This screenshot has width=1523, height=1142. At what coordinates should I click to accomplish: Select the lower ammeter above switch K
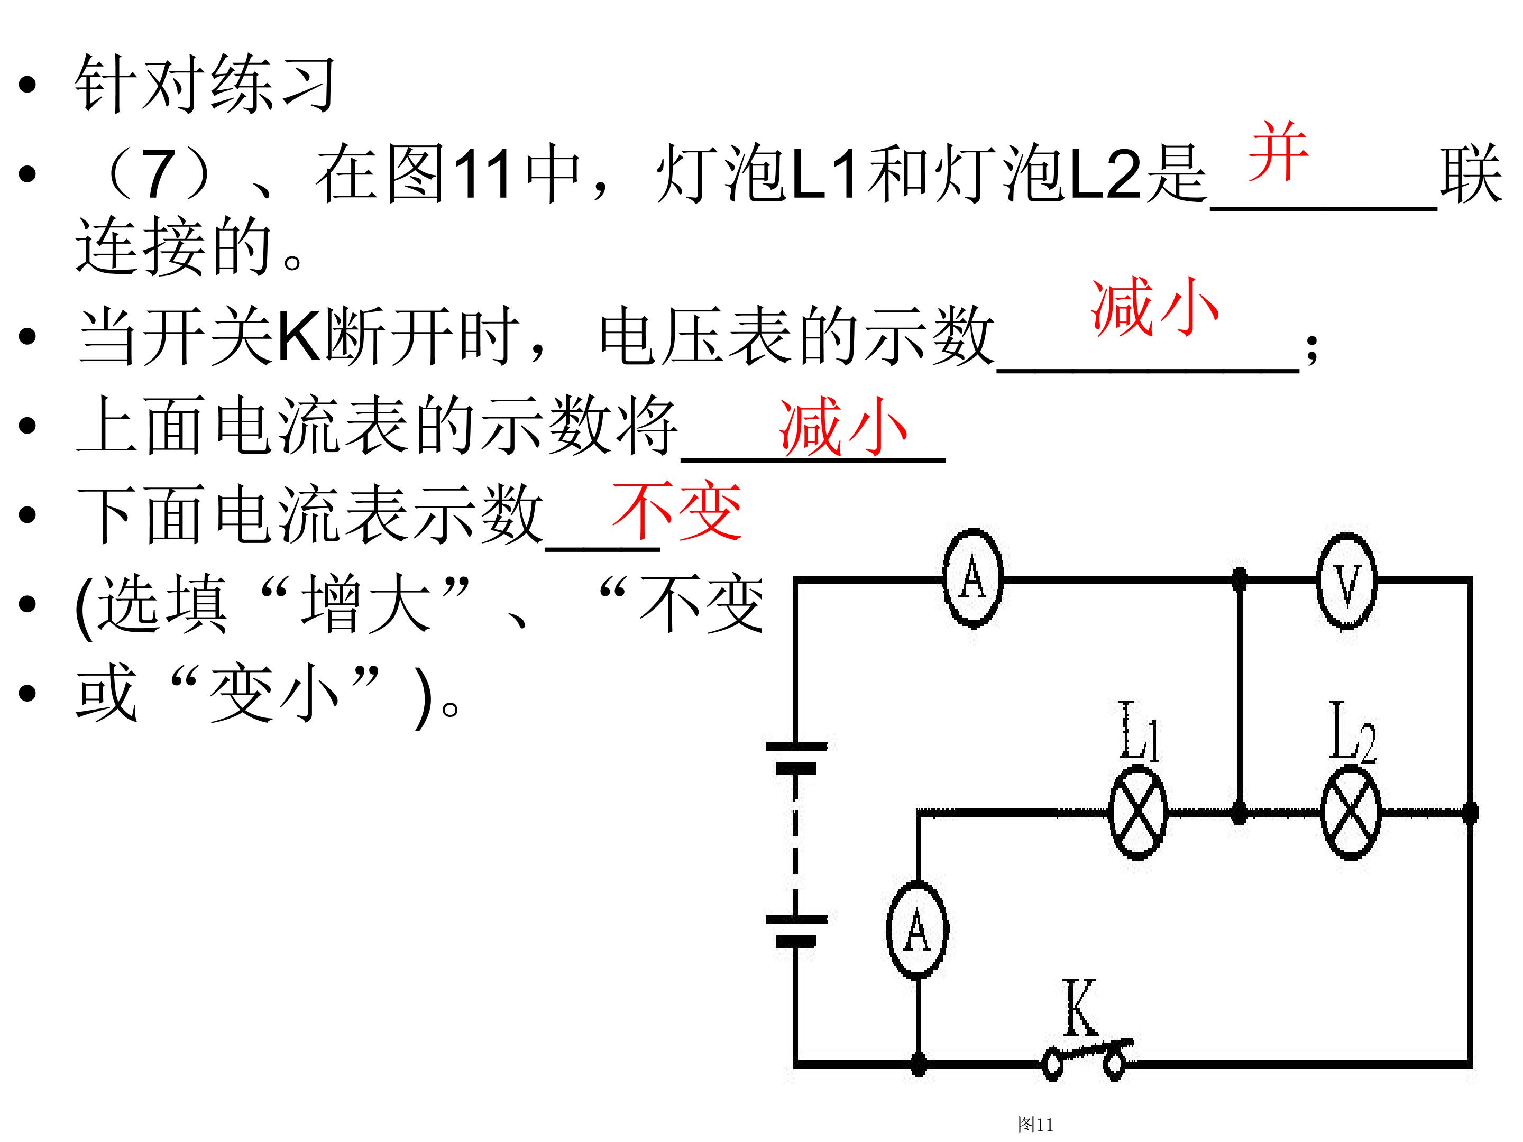pyautogui.click(x=917, y=929)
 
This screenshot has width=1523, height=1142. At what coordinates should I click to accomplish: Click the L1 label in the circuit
pyautogui.click(x=1138, y=731)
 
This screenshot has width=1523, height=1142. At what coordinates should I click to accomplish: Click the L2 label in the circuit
pyautogui.click(x=1352, y=731)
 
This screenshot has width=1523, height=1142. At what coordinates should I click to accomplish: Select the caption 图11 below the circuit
pyautogui.click(x=1035, y=1125)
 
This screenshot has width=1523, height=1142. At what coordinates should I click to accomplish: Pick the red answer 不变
pyautogui.click(x=677, y=511)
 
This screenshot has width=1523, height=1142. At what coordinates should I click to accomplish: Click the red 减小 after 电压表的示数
pyautogui.click(x=1154, y=307)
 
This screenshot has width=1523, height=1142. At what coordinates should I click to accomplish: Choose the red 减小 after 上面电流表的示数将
pyautogui.click(x=843, y=427)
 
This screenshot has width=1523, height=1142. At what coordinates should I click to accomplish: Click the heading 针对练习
pyautogui.click(x=205, y=84)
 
